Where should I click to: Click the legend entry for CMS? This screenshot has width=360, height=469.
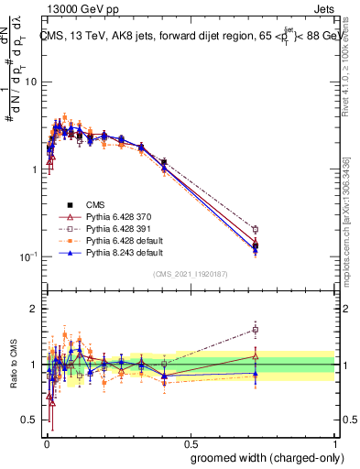click(x=96, y=204)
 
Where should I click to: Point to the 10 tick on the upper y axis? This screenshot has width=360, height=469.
click(x=29, y=82)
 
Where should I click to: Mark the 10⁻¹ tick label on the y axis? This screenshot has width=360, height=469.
click(x=27, y=256)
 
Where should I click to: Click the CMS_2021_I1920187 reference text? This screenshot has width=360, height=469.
click(x=190, y=274)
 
